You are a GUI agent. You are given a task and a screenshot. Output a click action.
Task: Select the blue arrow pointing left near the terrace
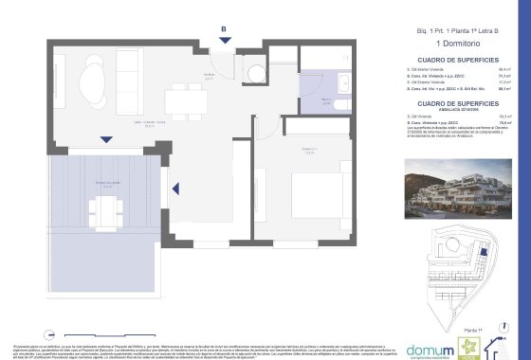point(174,192)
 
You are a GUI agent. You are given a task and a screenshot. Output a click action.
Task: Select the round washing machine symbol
point(254,73)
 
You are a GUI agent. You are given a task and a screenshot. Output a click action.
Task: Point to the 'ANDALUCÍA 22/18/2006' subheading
point(430,108)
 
